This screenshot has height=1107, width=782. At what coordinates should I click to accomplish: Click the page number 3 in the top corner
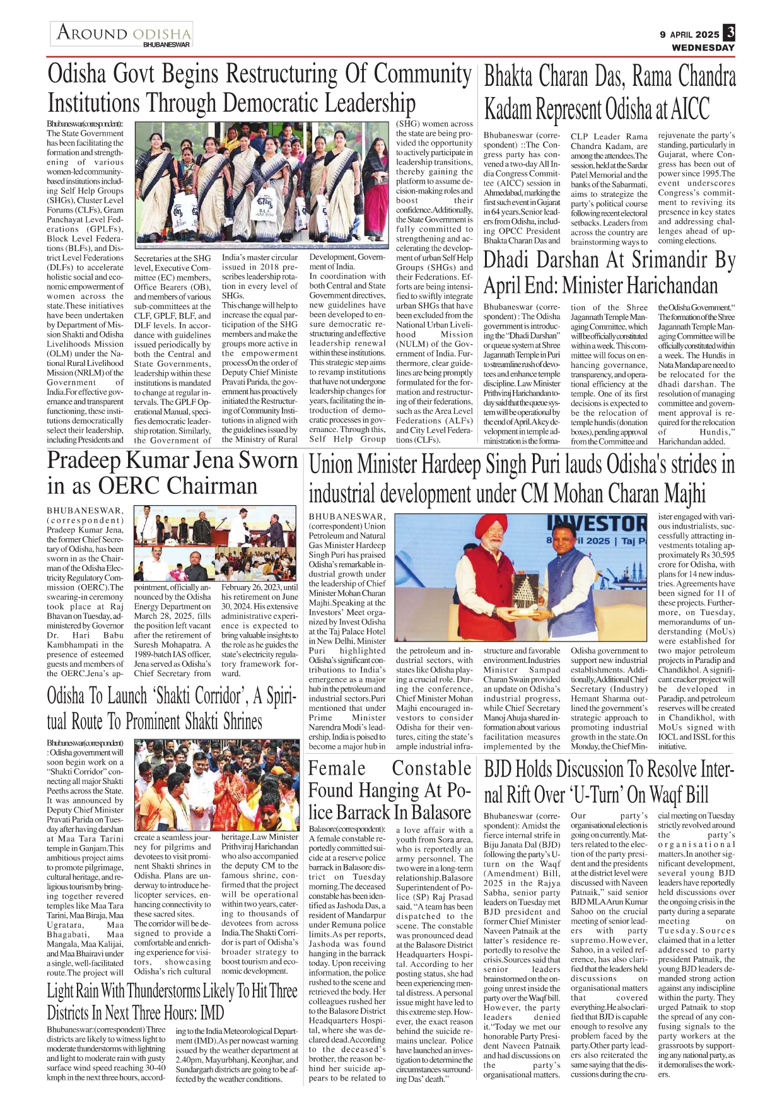729,32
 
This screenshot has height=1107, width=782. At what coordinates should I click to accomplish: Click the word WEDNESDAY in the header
703,47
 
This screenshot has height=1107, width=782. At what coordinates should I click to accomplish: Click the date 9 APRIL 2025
689,35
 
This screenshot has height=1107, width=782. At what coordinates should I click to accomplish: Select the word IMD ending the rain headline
211,1013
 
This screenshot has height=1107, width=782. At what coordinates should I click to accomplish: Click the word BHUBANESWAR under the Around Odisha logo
166,45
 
